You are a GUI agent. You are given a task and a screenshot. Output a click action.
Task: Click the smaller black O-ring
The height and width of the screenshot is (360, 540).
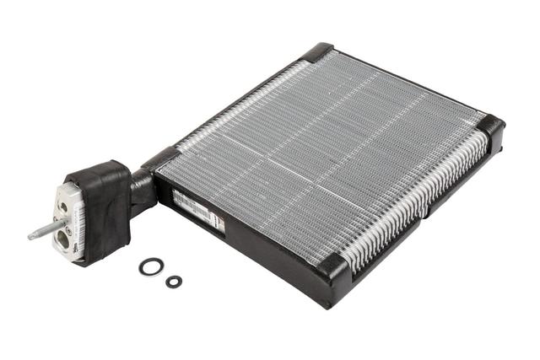(174, 282)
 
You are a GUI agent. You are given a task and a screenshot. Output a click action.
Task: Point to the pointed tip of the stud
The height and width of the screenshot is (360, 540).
(30, 237)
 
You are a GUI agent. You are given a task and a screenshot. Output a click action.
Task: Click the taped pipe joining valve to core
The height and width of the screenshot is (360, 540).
(141, 190)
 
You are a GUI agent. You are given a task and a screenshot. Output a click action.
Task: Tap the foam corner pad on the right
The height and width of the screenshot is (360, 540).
(491, 127)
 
